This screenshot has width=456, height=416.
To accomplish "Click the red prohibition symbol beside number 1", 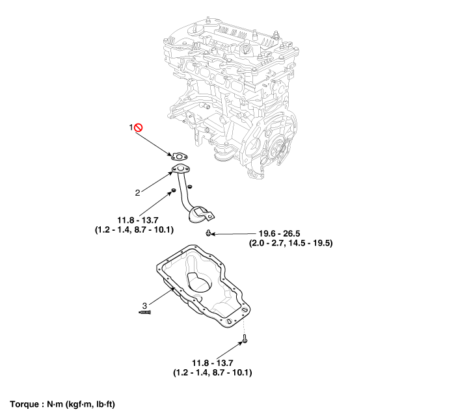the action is [x=139, y=127].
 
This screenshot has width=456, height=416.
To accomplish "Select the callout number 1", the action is [x=131, y=127].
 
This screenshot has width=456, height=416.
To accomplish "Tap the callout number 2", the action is [x=137, y=192].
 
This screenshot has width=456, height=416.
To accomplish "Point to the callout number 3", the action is [x=144, y=305].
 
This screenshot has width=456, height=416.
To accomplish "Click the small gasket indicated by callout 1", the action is [x=180, y=157].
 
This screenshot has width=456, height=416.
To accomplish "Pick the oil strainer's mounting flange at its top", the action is [x=181, y=169].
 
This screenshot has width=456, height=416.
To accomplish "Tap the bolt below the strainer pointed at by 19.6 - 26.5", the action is [x=208, y=233].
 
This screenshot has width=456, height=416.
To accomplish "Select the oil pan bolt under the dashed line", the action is [x=245, y=339].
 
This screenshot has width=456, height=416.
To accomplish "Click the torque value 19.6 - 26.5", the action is [x=280, y=233].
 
